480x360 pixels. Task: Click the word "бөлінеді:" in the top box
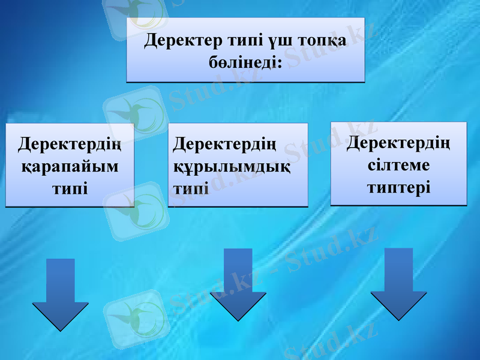tap(245, 61)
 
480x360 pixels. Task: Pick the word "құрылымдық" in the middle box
tap(232, 166)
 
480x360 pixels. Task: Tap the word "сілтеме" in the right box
tap(399, 165)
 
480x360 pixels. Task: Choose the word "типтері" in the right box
tap(398, 186)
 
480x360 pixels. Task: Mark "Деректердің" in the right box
tap(399, 143)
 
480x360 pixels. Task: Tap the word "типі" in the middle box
tap(191, 188)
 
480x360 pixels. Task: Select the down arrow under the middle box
tap(238, 285)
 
